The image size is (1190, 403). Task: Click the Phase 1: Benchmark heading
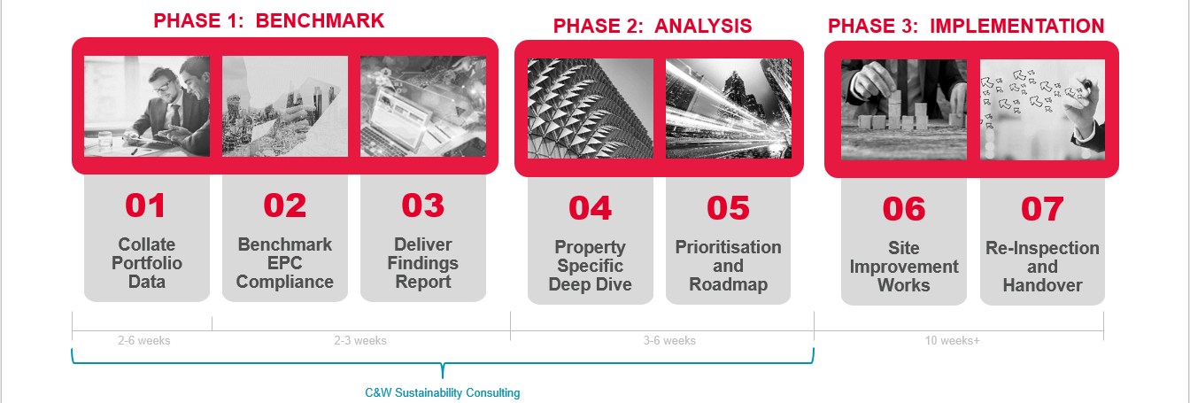click(x=269, y=20)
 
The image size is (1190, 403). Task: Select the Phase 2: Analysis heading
click(x=653, y=26)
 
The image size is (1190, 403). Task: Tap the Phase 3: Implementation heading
click(x=966, y=26)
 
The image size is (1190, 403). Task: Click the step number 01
click(x=145, y=205)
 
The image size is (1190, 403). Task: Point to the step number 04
click(x=590, y=208)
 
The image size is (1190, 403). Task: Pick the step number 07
click(x=1042, y=209)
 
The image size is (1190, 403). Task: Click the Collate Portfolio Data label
click(x=146, y=263)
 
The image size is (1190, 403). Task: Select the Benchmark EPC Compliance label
click(x=284, y=263)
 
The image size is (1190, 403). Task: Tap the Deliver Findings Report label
click(x=422, y=263)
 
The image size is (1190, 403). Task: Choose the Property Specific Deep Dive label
click(x=590, y=266)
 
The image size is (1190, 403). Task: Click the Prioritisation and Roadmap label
click(x=728, y=266)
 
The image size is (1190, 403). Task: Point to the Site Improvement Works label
click(x=904, y=267)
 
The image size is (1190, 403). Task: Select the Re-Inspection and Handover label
click(x=1042, y=267)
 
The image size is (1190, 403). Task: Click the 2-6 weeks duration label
click(x=143, y=340)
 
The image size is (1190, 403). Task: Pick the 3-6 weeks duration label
click(x=669, y=340)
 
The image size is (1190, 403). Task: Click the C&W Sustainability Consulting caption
click(x=443, y=392)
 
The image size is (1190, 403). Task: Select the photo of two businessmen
click(x=147, y=106)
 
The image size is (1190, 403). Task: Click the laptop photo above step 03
click(x=423, y=106)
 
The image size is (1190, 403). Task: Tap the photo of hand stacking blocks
click(x=904, y=109)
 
